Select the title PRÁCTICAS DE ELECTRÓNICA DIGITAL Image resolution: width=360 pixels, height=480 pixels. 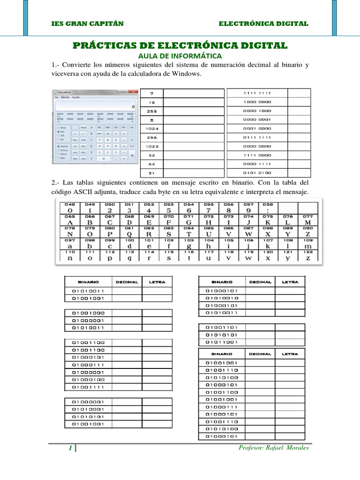coord(180,45)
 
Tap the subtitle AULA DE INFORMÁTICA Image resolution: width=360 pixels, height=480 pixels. coord(180,56)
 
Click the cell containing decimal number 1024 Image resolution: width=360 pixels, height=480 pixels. coord(151,128)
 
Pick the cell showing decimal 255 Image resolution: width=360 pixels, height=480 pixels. coord(151,111)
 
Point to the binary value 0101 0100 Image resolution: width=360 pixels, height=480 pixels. coord(257,172)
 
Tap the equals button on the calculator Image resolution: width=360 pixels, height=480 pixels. coord(132,155)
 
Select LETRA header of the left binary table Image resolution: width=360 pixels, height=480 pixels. coord(157,282)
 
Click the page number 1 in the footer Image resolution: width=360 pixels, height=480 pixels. coord(70,448)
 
